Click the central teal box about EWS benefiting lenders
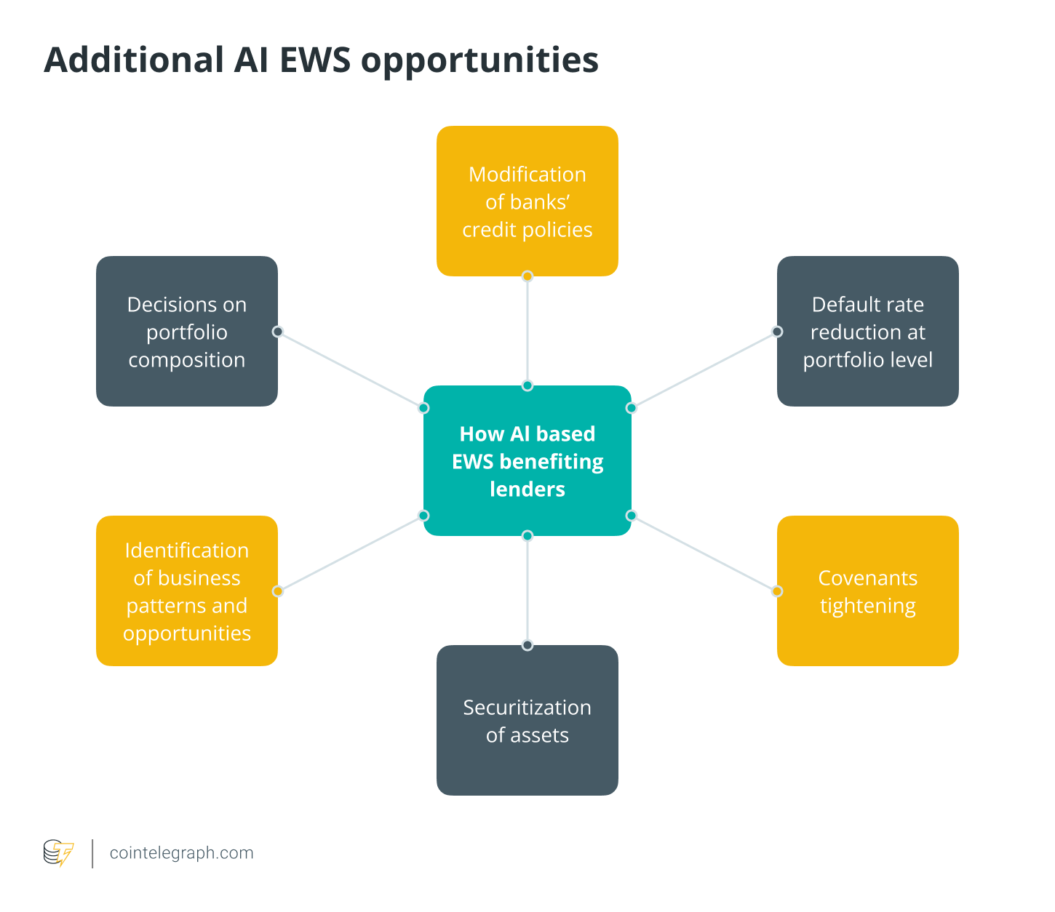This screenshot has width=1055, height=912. click(527, 461)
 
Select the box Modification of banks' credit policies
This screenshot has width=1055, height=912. click(527, 201)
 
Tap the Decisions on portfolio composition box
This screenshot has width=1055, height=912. click(186, 331)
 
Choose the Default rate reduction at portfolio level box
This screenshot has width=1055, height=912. click(867, 331)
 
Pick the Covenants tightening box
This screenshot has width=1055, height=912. click(867, 591)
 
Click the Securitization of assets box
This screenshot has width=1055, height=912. click(527, 720)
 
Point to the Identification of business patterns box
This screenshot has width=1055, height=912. click(186, 591)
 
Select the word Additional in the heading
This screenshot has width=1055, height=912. click(133, 60)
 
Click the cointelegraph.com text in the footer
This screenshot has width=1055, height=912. click(181, 852)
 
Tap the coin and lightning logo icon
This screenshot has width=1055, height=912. click(58, 852)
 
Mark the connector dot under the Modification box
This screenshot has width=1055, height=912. click(527, 276)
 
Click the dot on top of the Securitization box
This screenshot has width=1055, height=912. click(527, 645)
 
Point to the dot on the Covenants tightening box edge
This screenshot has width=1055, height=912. click(777, 591)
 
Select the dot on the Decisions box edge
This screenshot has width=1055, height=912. click(277, 332)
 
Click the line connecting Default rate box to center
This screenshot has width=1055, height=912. click(704, 369)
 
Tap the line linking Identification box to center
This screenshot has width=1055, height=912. click(351, 553)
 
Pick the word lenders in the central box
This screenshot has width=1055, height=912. click(527, 489)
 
